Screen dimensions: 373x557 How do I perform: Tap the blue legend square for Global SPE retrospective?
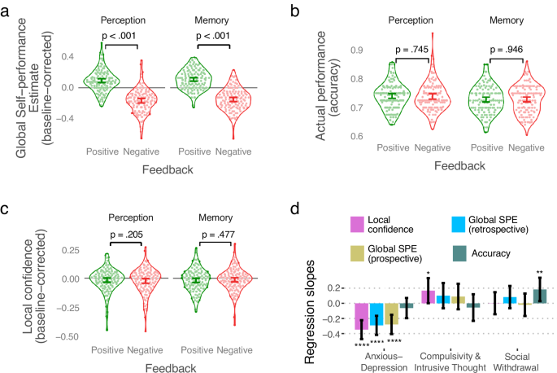[459, 224]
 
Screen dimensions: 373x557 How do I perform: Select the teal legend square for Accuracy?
[459, 253]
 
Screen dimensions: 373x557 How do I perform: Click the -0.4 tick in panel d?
[331, 333]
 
